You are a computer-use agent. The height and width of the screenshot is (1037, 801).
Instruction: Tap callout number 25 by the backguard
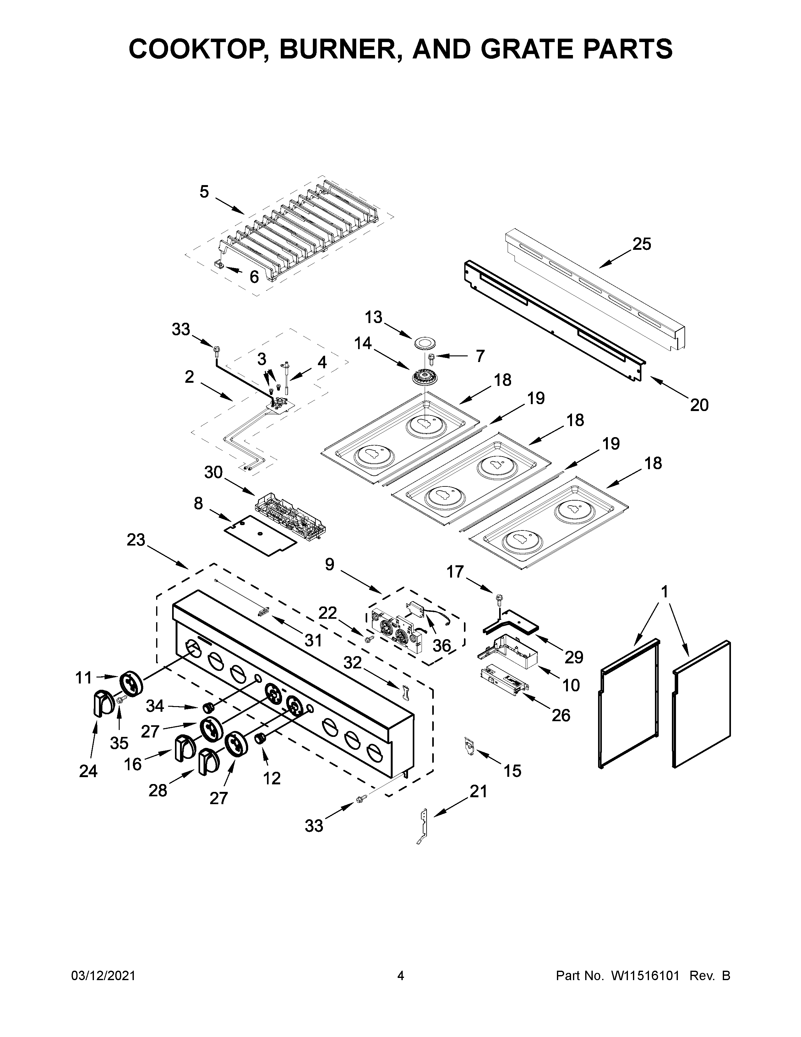click(x=641, y=244)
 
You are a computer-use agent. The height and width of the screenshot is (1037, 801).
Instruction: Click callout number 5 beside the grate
click(x=204, y=192)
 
